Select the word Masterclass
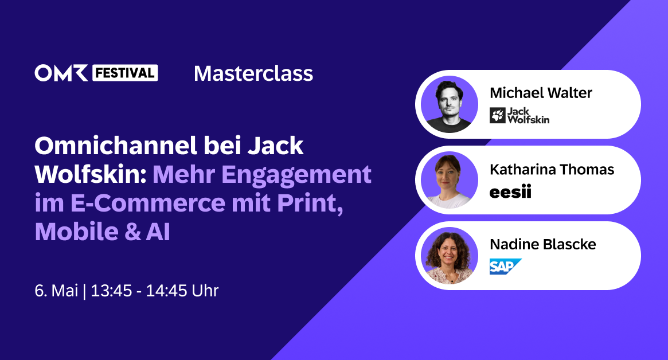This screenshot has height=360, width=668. [x=253, y=73]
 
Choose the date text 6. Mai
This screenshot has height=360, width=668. [x=56, y=291]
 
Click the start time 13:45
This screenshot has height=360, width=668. [x=110, y=291]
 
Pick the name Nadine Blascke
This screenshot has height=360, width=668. [x=542, y=245]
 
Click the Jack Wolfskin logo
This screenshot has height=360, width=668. [x=519, y=115]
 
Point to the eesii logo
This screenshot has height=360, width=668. [x=510, y=192]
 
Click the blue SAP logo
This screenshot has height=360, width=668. [x=505, y=267]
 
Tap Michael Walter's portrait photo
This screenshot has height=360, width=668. [x=450, y=104]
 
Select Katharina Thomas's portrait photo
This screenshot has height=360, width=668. [x=450, y=180]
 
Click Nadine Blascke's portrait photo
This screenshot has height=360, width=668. [x=450, y=256]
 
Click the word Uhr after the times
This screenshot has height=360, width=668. [x=205, y=291]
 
